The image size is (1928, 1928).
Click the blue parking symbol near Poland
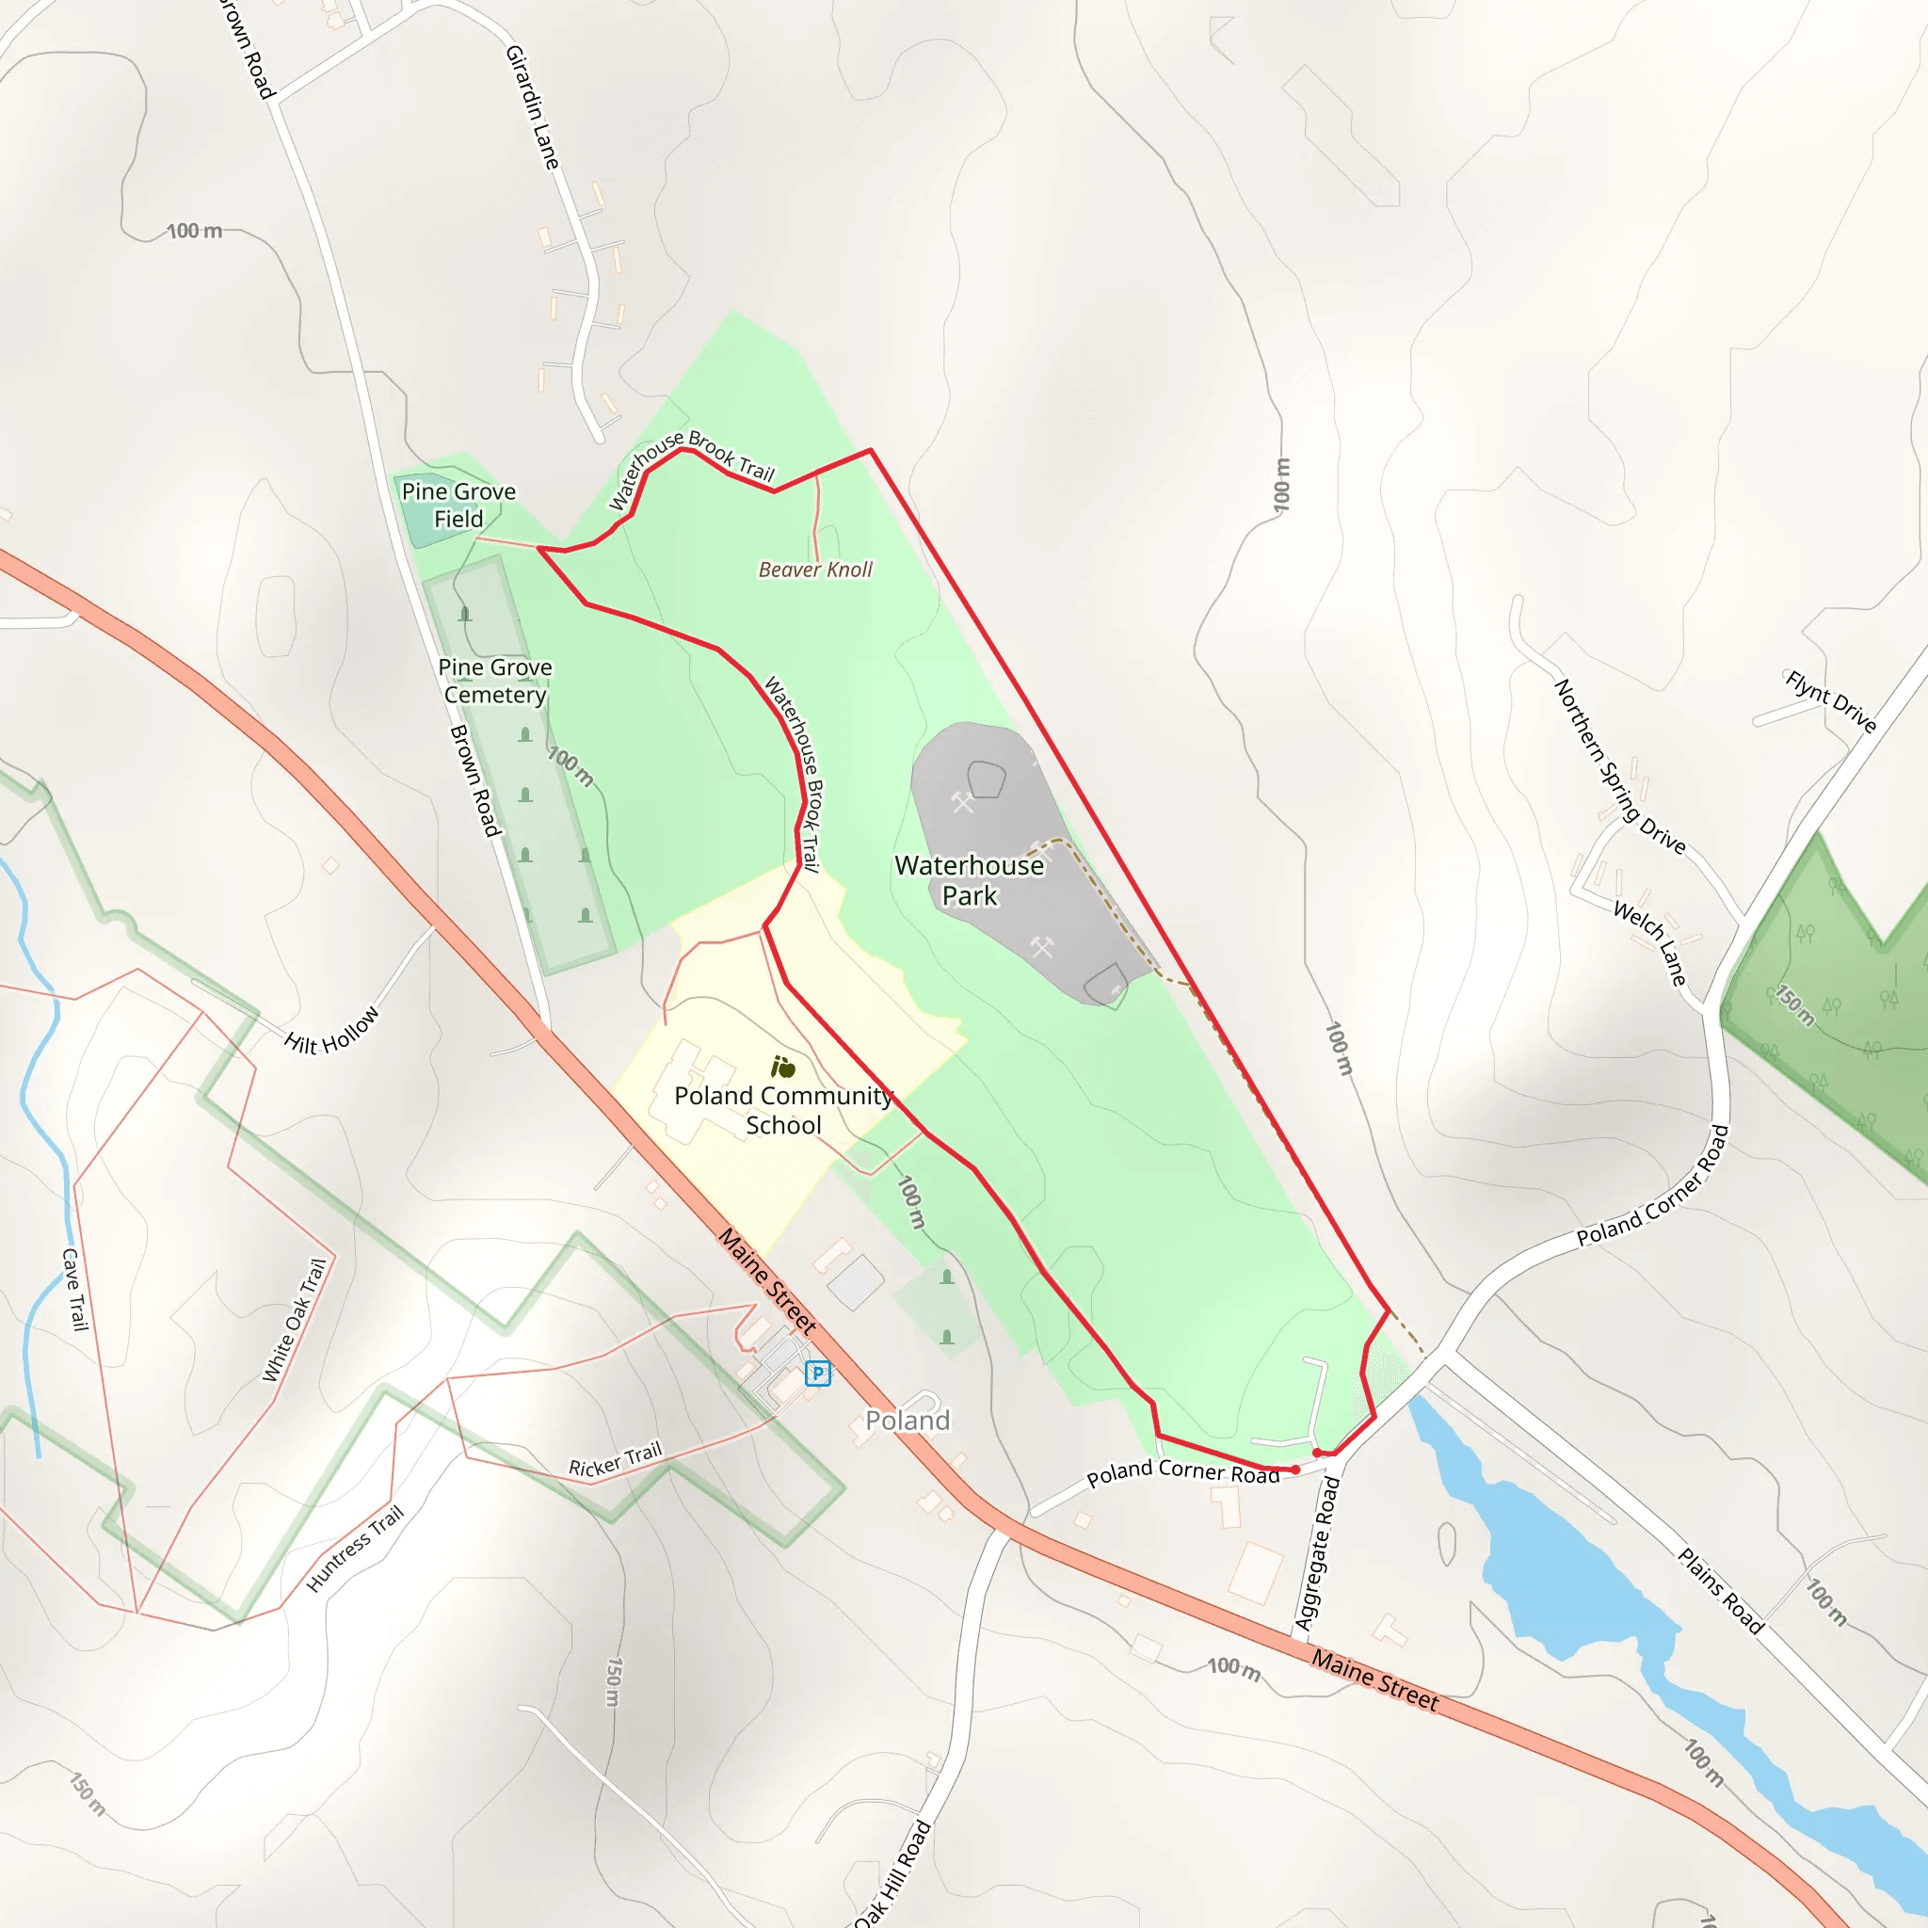point(817,1374)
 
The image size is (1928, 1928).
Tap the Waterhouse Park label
point(969,880)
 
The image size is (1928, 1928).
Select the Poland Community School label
point(783,1110)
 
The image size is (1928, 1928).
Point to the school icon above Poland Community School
point(783,1068)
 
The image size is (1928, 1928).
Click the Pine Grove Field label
point(458,505)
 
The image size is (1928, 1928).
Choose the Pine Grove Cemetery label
point(495,681)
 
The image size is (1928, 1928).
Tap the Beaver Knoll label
point(815,570)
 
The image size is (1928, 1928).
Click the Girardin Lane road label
point(532,106)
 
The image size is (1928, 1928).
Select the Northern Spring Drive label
point(1619,766)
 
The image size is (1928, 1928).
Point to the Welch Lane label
point(1649,943)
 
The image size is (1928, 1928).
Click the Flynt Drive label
point(1830,701)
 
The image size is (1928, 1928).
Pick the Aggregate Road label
point(1316,1552)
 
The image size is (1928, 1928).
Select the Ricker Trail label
point(615,1459)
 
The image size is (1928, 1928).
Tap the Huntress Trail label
point(355,1548)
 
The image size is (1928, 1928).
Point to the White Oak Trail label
point(295,1319)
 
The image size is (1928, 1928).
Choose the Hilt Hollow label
point(331,1030)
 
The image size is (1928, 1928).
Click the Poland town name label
point(908,1420)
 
